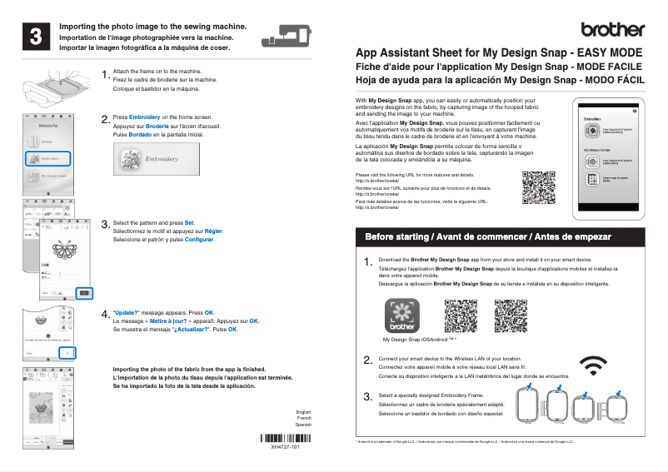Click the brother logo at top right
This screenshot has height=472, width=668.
coord(613,29)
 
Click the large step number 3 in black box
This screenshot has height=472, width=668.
coord(37,37)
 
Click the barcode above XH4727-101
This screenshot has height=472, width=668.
coord(284,438)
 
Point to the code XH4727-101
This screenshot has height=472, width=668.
coord(284,448)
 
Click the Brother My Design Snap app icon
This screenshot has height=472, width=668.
coord(402,316)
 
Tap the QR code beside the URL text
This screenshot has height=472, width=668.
coord(538,187)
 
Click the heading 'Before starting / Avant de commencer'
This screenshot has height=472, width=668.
coord(488,237)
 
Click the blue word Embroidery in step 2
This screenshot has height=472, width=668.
coord(144,118)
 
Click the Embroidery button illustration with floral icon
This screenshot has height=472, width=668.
coord(150,159)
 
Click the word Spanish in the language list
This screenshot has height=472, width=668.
coord(303,425)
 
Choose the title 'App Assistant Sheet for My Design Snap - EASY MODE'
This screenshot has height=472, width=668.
coord(499,52)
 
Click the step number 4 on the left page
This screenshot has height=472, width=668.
coord(105,315)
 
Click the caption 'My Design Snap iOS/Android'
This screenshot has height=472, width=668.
coord(420,340)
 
